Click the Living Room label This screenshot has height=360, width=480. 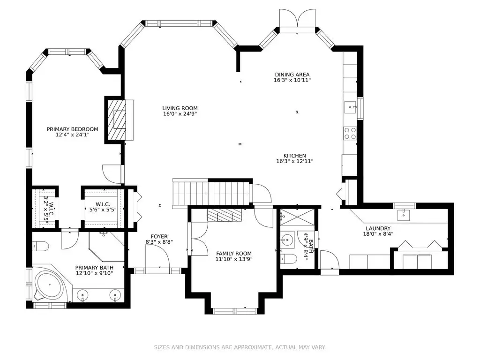pos(180,108)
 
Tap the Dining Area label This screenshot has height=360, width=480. pos(292,75)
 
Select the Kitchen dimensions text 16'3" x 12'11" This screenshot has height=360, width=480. pos(294,161)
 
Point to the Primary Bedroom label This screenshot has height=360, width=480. pos(72,129)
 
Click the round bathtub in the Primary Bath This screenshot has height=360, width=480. pos(49,285)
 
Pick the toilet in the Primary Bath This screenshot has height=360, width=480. pos(40,246)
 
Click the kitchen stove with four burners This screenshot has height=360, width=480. pos(350,134)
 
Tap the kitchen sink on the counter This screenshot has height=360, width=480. pos(350,107)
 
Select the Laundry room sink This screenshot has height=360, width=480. pos(404,215)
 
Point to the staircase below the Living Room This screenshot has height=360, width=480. pos(211,193)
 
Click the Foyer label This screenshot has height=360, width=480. pos(159,236)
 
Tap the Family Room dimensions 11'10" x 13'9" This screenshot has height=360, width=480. pos(234,259)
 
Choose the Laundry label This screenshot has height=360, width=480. pos(378,228)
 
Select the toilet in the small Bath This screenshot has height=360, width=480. pos(288,259)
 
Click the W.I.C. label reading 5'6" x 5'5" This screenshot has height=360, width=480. pos(103,207)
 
